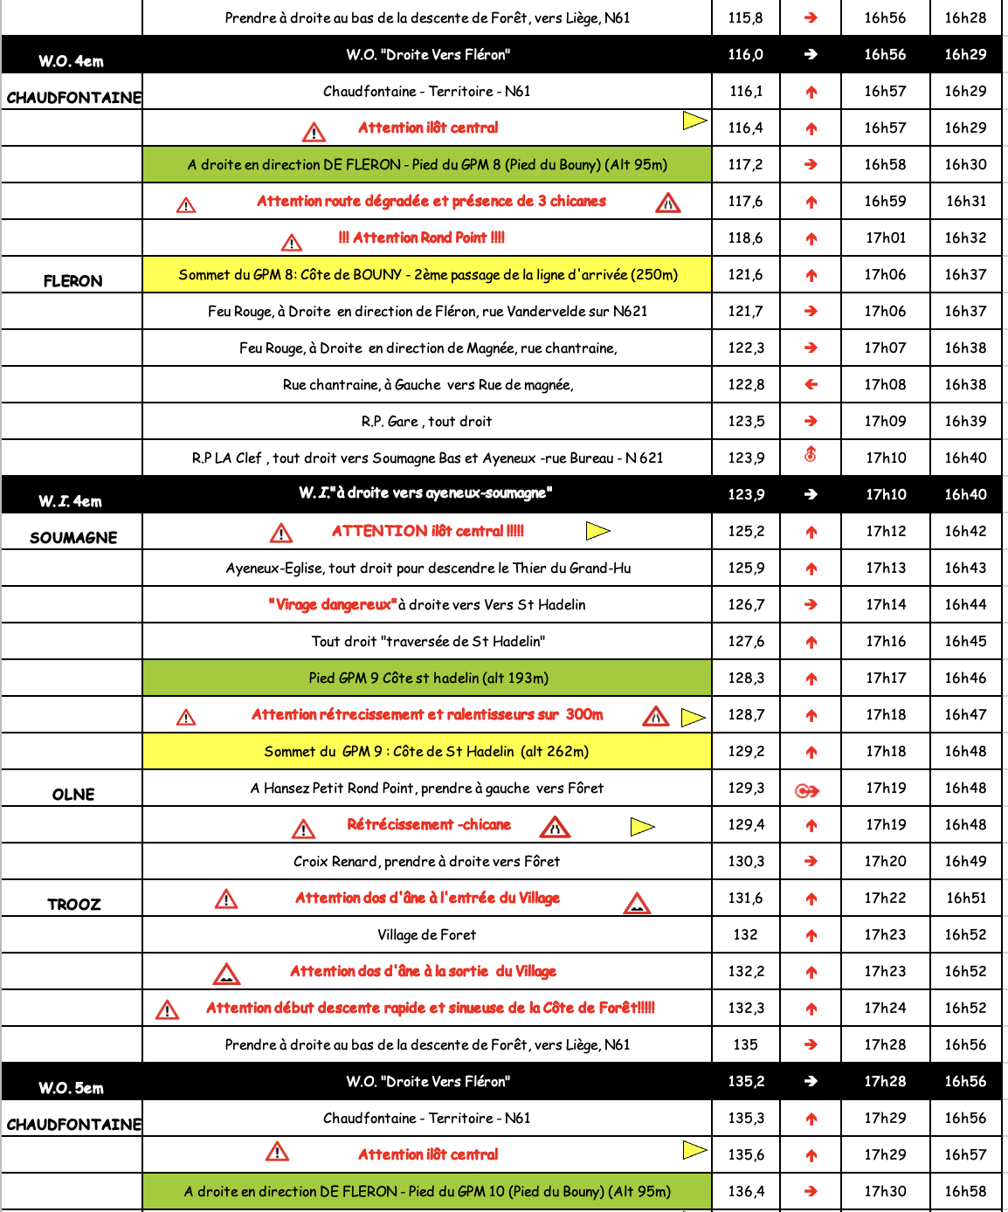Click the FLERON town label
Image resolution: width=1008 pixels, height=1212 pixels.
pos(73,280)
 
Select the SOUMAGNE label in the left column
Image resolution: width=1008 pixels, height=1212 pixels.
pos(73,537)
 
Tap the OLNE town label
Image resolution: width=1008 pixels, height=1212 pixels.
pos(73,794)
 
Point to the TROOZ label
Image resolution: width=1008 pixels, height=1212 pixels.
pos(73,904)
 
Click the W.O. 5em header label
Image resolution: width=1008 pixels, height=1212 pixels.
pos(71,1087)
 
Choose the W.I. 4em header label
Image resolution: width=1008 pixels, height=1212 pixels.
pos(70,500)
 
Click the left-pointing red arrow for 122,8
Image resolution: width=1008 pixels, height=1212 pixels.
pos(811,384)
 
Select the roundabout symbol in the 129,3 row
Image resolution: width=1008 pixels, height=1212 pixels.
pos(807,791)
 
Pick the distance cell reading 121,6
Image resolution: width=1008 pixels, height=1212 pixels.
pos(745,274)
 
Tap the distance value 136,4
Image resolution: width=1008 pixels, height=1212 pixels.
pos(745,1191)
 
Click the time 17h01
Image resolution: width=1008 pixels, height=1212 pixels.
pos(885,238)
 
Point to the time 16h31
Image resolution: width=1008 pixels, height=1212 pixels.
pos(965,201)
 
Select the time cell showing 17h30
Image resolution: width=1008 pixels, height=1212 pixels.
pos(885,1191)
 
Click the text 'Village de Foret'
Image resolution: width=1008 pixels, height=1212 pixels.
pos(426,934)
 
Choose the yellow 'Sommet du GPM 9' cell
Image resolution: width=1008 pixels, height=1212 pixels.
pos(426,751)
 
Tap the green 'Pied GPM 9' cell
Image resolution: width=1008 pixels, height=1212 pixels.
pos(428,678)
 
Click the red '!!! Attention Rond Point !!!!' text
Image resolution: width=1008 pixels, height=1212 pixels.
pos(421,238)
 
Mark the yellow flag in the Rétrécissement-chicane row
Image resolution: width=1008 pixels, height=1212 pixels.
pos(642,825)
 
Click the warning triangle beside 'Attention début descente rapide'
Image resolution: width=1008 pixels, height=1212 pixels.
pos(167,1009)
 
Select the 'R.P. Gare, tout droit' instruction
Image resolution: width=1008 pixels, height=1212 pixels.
pos(426,421)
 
